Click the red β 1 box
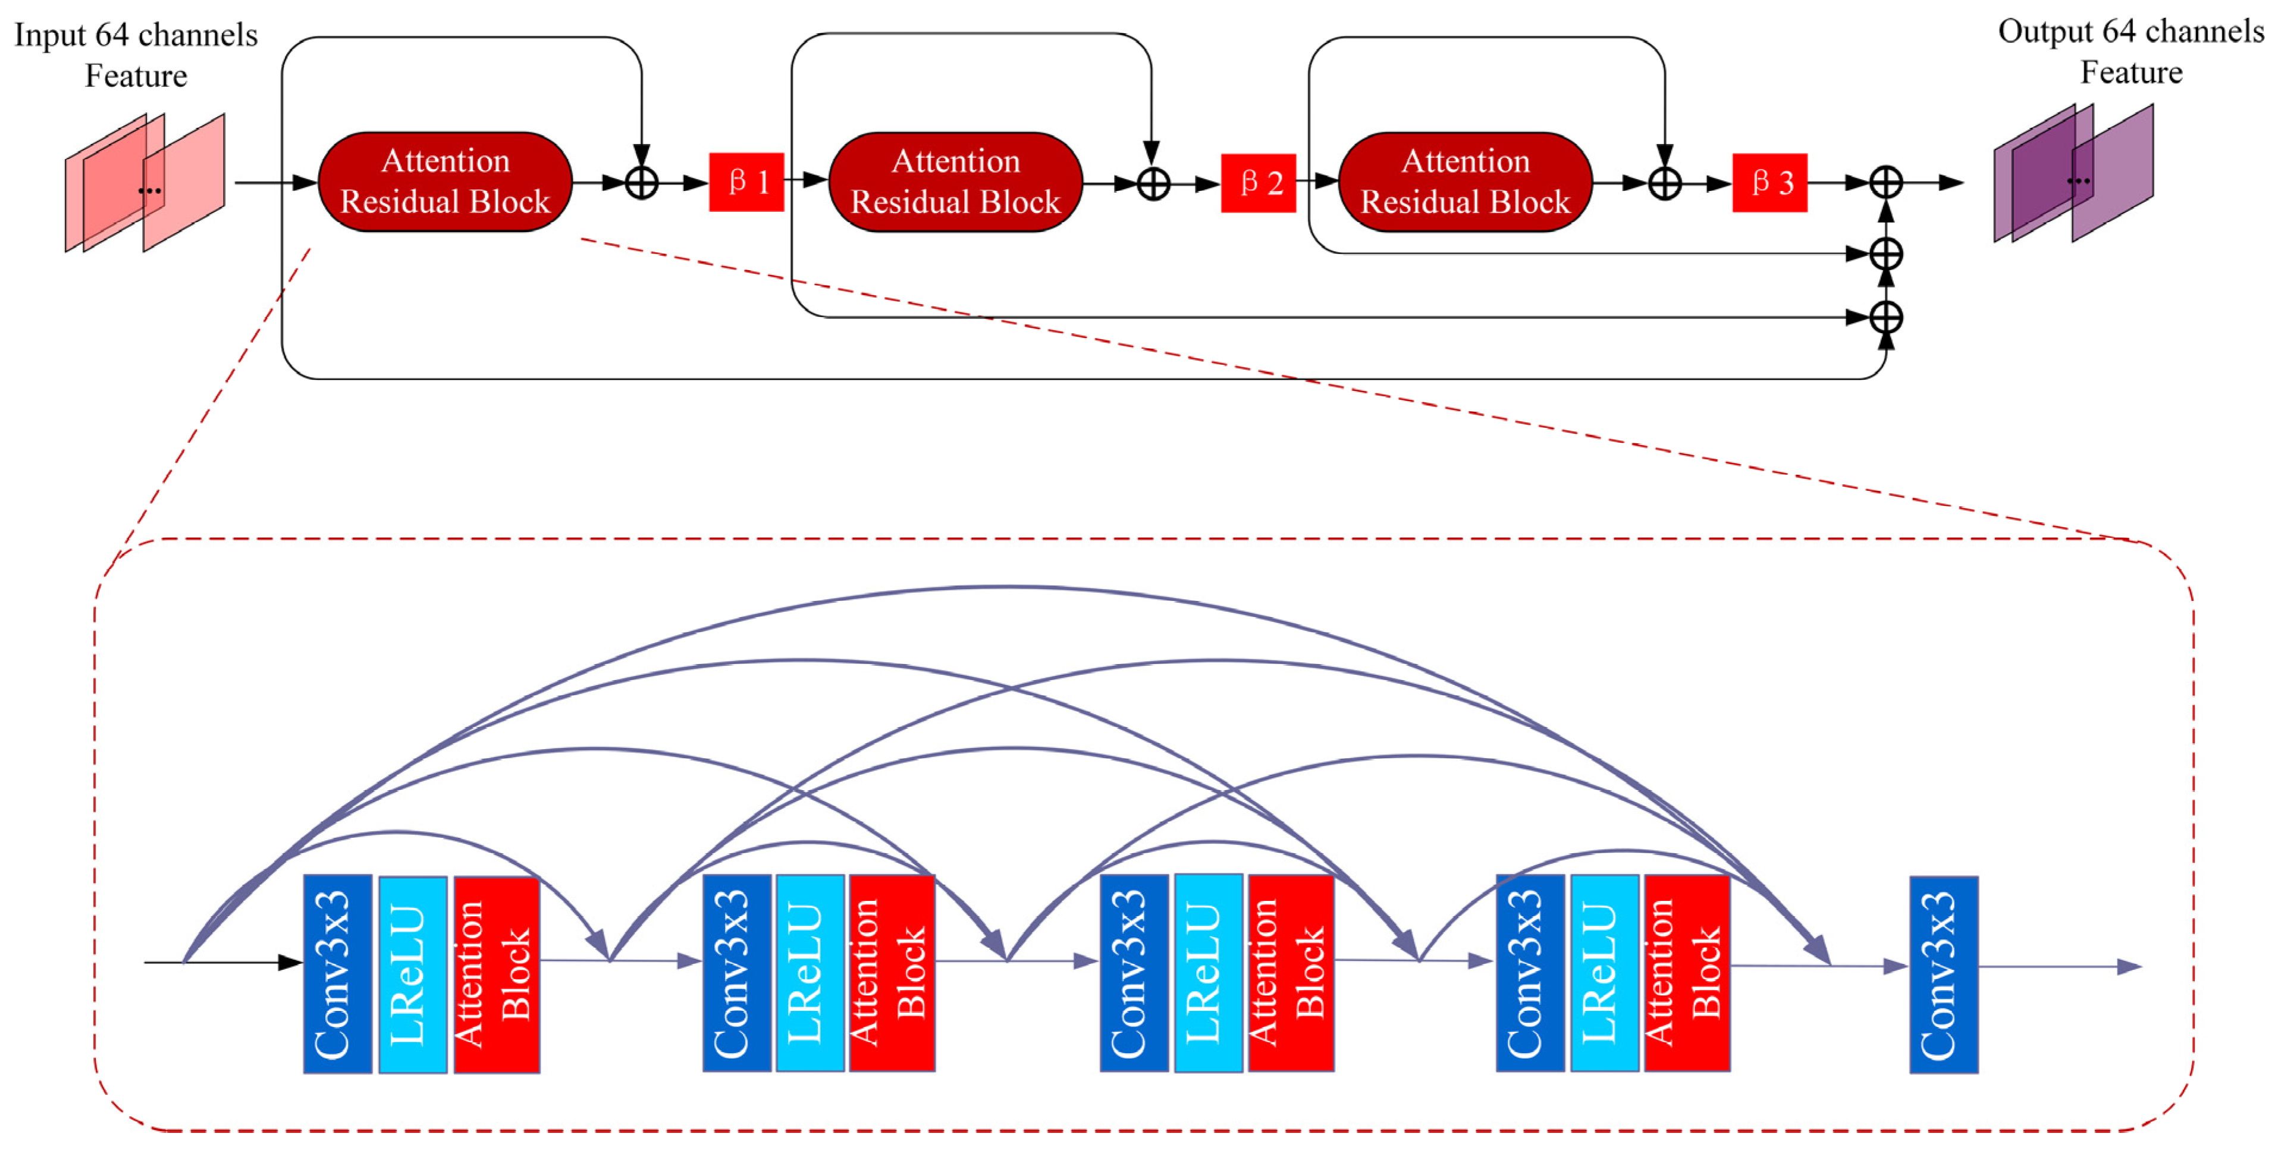tap(746, 182)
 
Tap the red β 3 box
tap(1769, 183)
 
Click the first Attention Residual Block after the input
tap(445, 182)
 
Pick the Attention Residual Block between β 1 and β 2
tap(955, 182)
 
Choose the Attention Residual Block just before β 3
tap(1466, 182)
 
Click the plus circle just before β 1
tap(641, 183)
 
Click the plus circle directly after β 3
tap(1885, 183)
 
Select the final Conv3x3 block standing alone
tap(1943, 975)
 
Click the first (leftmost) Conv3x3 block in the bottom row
tap(337, 974)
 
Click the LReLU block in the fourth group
tap(1604, 974)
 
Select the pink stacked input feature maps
tap(145, 183)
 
